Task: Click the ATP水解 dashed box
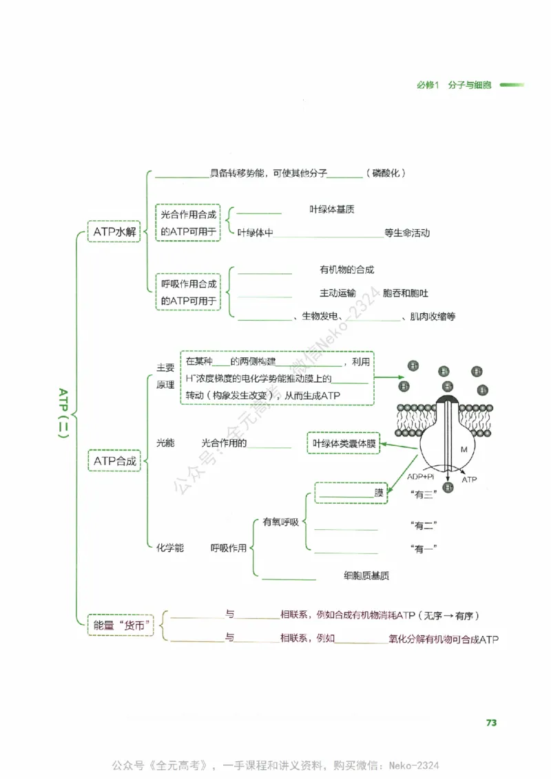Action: click(x=115, y=233)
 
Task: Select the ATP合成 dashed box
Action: click(x=115, y=460)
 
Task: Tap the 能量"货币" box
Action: click(x=123, y=626)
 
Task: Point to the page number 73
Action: click(x=491, y=723)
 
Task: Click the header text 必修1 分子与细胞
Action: click(x=454, y=85)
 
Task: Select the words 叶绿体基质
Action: click(x=332, y=210)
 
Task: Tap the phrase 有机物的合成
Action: click(x=346, y=270)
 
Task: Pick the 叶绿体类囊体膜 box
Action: click(x=344, y=444)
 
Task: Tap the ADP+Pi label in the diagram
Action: click(x=420, y=476)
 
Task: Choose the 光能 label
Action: click(x=165, y=443)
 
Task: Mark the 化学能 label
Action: click(x=169, y=548)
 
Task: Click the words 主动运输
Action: click(x=337, y=293)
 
